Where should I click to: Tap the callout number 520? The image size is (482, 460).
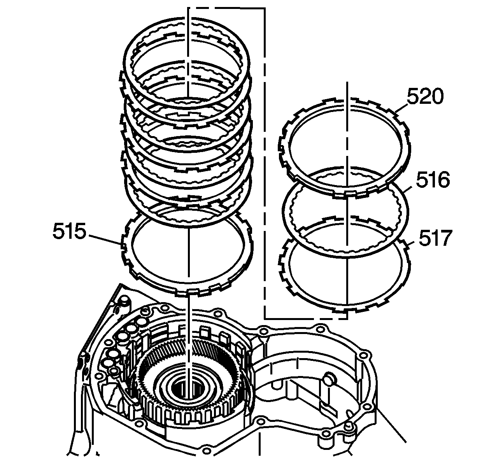425,96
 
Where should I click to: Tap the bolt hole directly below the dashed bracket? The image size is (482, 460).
263,331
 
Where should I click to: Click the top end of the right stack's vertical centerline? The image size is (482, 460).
346,83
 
